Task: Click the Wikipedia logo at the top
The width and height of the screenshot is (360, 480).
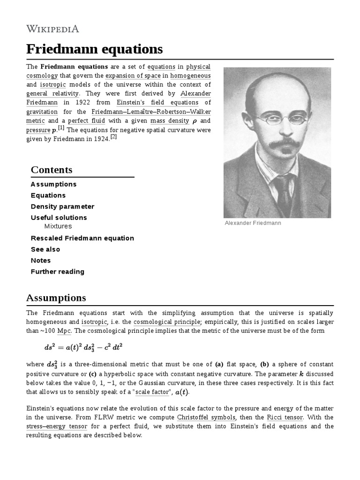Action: coord(52,29)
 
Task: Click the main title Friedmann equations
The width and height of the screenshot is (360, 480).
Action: coord(94,49)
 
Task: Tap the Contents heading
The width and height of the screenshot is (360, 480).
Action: coord(52,170)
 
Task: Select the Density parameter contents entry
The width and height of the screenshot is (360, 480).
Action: coord(62,206)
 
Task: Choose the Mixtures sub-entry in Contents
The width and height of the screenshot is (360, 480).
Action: coord(58,226)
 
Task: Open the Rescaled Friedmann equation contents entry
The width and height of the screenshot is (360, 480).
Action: coord(82,238)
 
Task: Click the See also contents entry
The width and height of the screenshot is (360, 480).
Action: coord(45,249)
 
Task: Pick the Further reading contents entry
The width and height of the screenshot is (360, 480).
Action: coord(57,271)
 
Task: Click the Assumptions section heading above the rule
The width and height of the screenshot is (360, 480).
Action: coord(56,298)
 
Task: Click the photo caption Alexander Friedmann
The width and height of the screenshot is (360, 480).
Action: coord(253,223)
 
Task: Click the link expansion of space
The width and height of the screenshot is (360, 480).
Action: coord(133,76)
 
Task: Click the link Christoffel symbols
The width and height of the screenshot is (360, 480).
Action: coord(206,417)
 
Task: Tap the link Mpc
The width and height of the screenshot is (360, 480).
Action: coord(64,331)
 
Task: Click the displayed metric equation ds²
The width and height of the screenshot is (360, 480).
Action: coord(83,348)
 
